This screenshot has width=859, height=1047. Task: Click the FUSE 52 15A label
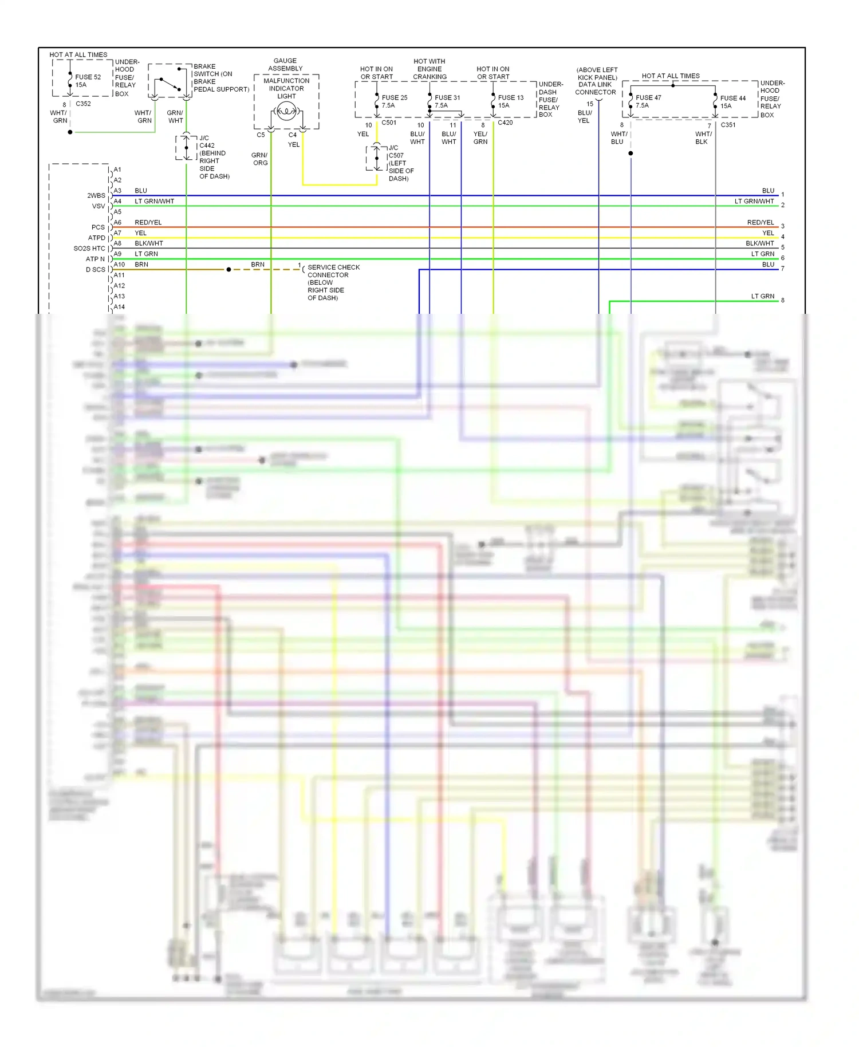point(88,81)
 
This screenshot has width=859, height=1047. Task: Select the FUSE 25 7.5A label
point(394,101)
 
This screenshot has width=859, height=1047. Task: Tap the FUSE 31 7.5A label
point(447,101)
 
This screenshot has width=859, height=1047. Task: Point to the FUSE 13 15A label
point(510,101)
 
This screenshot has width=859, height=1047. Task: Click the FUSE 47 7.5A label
point(648,101)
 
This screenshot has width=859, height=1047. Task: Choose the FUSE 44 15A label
point(732,102)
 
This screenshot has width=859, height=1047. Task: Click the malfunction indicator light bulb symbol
point(286,112)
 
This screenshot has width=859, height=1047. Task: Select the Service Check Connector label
point(333,282)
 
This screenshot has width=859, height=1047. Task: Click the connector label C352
point(83,104)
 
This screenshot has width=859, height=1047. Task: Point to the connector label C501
point(389,123)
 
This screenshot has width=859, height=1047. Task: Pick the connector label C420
point(505,123)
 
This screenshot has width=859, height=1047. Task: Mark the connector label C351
point(728,125)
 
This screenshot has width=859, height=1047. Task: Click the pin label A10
point(119,265)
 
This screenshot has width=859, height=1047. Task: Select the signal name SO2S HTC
point(89,249)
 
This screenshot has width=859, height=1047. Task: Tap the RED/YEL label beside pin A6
point(148,222)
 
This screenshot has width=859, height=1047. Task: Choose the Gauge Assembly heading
point(285,65)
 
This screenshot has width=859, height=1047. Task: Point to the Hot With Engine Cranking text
point(429,69)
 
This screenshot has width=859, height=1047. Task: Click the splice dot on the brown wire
point(228,269)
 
